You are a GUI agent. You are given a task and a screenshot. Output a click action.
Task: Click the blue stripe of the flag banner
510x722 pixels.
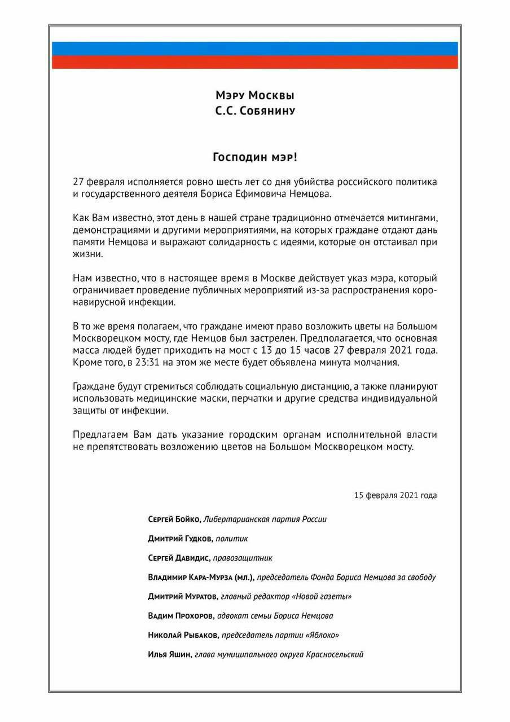click(x=255, y=49)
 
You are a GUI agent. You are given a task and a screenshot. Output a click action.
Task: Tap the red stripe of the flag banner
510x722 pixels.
click(x=255, y=62)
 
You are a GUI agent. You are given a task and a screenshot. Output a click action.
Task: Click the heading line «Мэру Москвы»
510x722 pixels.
click(x=255, y=95)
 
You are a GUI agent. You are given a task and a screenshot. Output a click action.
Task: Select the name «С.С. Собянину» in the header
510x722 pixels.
click(x=255, y=111)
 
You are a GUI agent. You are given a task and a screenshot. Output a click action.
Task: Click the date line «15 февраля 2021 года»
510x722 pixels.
click(x=395, y=495)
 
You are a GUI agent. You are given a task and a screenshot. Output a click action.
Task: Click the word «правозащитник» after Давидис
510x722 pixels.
click(x=243, y=558)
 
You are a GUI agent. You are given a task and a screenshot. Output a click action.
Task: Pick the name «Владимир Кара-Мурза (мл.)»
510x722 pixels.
click(x=201, y=577)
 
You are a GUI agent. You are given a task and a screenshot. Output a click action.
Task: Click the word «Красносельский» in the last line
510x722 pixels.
click(x=334, y=654)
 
